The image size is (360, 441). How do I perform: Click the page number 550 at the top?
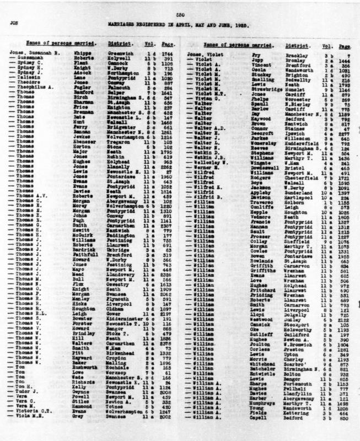180,13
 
